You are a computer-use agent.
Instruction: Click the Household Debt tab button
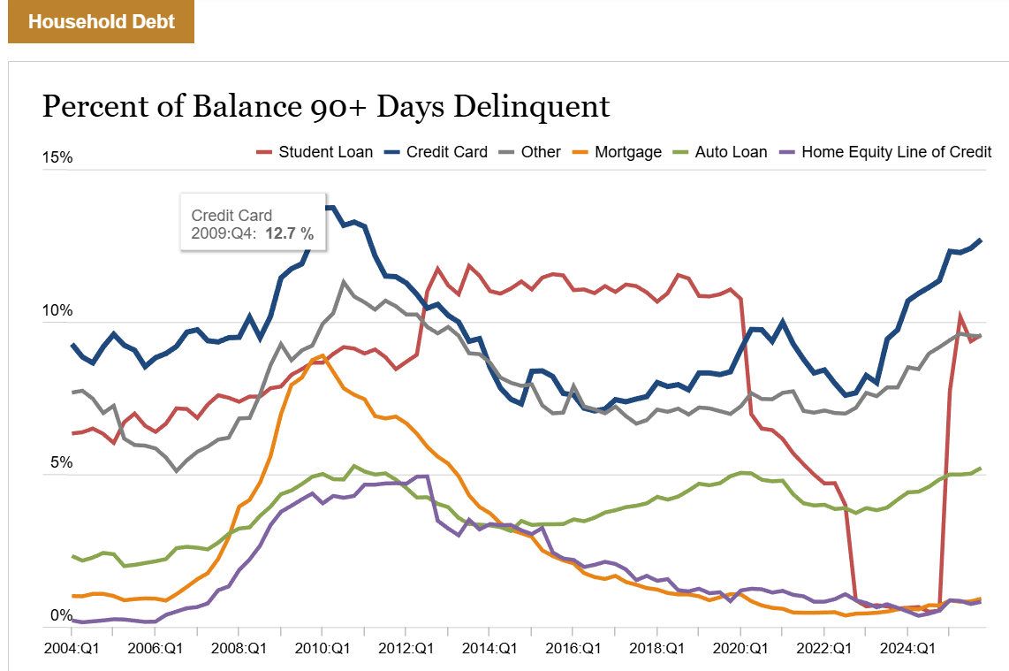pos(101,21)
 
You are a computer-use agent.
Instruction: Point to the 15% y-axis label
pos(57,158)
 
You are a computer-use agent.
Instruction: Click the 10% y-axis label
pos(57,311)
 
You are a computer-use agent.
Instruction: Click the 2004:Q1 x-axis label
pos(72,648)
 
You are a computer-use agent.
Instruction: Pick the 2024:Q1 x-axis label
pos(909,648)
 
